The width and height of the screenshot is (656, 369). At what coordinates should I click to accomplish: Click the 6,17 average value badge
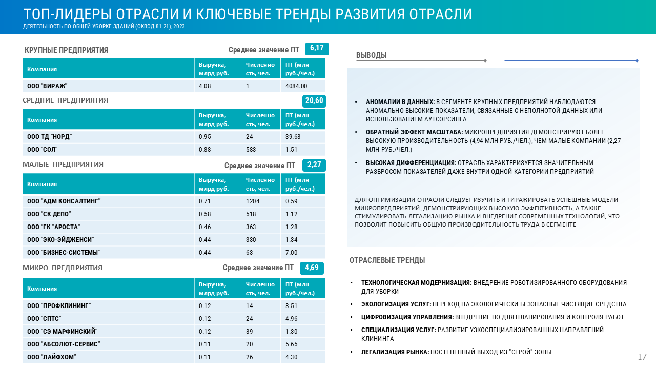coord(317,49)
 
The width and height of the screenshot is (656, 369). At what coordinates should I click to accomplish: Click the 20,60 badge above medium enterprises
coord(314,100)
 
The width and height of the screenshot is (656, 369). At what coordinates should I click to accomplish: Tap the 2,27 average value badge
coord(314,165)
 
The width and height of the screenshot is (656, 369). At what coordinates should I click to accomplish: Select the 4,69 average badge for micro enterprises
coord(312,268)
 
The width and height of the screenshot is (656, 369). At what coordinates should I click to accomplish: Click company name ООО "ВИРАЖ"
coord(47,86)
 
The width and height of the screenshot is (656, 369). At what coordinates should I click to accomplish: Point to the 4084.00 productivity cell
coord(296,86)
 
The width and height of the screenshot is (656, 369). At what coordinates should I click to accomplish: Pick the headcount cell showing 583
coord(251,150)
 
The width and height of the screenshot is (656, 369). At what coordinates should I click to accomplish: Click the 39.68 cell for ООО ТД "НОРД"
coord(293,137)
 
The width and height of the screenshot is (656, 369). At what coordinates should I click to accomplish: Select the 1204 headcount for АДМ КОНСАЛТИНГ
coord(253,201)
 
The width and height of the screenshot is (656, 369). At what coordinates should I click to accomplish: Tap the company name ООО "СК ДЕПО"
coord(49,214)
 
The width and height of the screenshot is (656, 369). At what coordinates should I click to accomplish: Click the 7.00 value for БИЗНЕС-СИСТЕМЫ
coord(292,253)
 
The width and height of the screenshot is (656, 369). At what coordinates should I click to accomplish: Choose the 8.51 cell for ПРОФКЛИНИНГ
coord(292,306)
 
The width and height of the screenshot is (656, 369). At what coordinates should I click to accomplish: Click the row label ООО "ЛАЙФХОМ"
coord(52,357)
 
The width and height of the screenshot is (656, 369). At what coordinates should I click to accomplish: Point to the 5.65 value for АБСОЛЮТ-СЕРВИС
coord(292,344)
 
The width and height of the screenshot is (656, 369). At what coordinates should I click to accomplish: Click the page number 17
coord(642,357)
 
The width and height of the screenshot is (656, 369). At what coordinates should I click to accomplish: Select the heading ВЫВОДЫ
coord(371,55)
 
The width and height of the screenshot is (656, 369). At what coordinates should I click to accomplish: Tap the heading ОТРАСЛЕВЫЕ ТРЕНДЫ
coord(387,260)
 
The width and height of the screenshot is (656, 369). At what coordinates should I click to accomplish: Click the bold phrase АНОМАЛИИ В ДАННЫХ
coord(400,102)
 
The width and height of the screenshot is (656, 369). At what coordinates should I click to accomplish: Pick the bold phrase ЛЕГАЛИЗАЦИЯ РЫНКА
coord(395,352)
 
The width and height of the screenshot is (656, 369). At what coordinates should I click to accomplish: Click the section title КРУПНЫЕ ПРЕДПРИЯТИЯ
coord(66,50)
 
